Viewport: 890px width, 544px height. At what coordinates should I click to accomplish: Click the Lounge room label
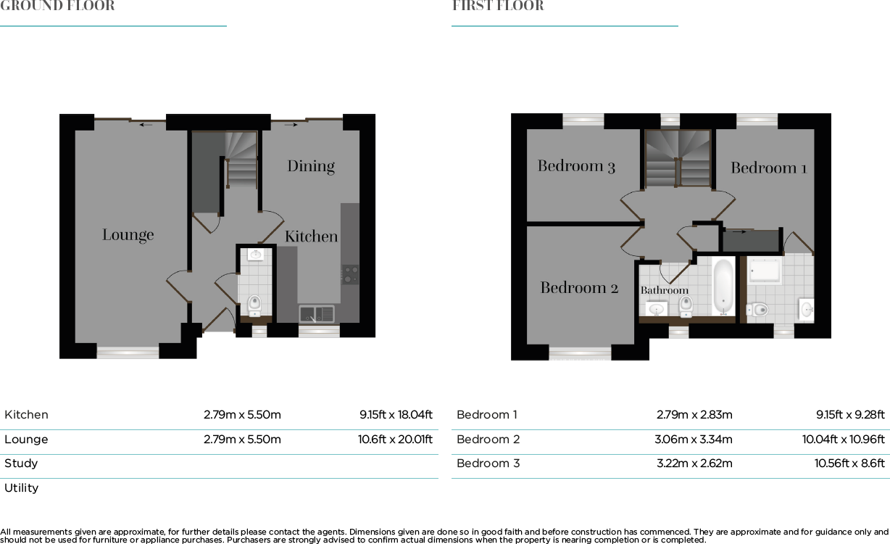click(x=128, y=235)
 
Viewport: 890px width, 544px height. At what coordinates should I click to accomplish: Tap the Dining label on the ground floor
click(x=311, y=166)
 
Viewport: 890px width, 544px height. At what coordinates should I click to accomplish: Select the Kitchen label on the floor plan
click(x=311, y=236)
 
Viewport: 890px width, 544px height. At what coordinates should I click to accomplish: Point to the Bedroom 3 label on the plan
click(x=576, y=166)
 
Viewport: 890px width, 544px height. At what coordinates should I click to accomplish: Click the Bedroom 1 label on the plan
click(x=768, y=168)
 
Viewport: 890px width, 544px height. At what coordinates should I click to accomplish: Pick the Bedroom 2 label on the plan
click(x=579, y=288)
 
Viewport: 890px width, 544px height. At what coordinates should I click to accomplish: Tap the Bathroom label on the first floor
click(x=664, y=290)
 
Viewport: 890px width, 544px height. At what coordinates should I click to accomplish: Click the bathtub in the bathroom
click(x=723, y=287)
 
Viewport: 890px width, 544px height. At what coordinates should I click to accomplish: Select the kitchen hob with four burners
click(x=350, y=274)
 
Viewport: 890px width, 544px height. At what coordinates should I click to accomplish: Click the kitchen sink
click(x=317, y=314)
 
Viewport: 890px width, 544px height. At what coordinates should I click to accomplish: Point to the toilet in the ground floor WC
click(x=254, y=304)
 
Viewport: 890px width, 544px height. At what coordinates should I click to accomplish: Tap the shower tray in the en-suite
click(x=765, y=271)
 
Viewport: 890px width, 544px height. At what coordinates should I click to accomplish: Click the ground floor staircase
click(x=241, y=160)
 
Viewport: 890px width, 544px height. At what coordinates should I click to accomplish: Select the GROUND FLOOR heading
click(x=57, y=7)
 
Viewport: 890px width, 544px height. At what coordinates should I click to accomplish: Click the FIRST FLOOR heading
click(x=498, y=7)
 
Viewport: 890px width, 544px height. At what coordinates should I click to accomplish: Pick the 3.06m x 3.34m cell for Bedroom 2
click(x=693, y=440)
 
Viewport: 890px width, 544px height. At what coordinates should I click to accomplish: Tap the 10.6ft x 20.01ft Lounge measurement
click(x=395, y=440)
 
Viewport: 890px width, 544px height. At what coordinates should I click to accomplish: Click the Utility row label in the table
click(x=22, y=488)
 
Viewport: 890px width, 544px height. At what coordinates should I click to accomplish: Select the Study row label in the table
click(x=21, y=463)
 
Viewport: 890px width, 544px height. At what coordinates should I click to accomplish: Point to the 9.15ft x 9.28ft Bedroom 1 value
click(x=850, y=415)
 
